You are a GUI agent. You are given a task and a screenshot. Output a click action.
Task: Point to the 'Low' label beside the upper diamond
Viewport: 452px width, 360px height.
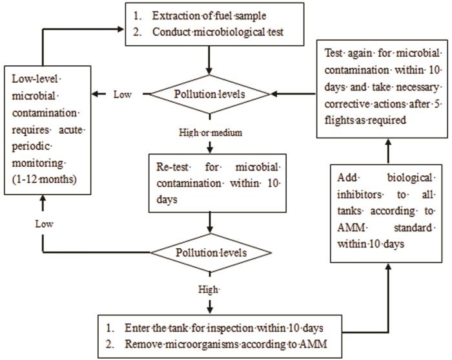click(x=123, y=94)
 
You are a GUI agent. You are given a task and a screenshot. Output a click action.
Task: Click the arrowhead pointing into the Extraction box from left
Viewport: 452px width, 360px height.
click(x=121, y=28)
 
